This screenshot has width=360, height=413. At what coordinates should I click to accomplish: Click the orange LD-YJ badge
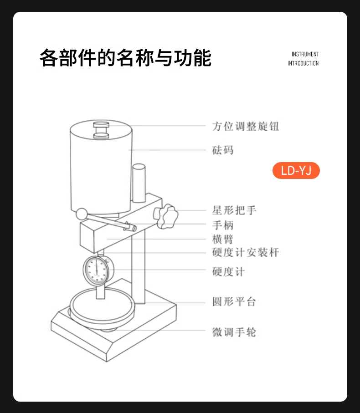(x=296, y=170)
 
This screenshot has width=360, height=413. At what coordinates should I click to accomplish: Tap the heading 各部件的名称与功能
(x=125, y=58)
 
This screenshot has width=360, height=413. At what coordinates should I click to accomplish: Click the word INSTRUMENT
(x=305, y=54)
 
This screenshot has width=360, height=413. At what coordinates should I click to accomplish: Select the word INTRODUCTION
(x=303, y=63)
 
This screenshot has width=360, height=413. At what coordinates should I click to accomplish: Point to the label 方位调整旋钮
(x=246, y=127)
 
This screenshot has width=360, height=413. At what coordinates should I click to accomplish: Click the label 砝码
(x=223, y=150)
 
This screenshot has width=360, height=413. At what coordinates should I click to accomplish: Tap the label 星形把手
(x=234, y=210)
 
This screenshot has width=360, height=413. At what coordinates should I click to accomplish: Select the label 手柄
(x=223, y=225)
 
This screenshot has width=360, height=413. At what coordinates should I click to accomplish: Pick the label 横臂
(x=223, y=239)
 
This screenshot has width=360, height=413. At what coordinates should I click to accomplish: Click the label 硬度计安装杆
(x=246, y=252)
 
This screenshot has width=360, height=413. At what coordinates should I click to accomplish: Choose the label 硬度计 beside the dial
(x=228, y=271)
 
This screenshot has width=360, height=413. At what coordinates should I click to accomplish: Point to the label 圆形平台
(x=234, y=301)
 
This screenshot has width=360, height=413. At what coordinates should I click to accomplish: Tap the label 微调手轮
(x=234, y=332)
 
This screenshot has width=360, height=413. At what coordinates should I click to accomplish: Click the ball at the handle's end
(x=82, y=214)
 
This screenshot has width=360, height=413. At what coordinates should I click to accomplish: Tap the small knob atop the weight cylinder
(x=101, y=130)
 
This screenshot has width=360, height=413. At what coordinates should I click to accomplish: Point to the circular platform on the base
(x=103, y=306)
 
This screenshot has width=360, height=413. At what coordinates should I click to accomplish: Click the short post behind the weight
(x=139, y=184)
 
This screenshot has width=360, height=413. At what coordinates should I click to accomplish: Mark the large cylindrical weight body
(x=101, y=168)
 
